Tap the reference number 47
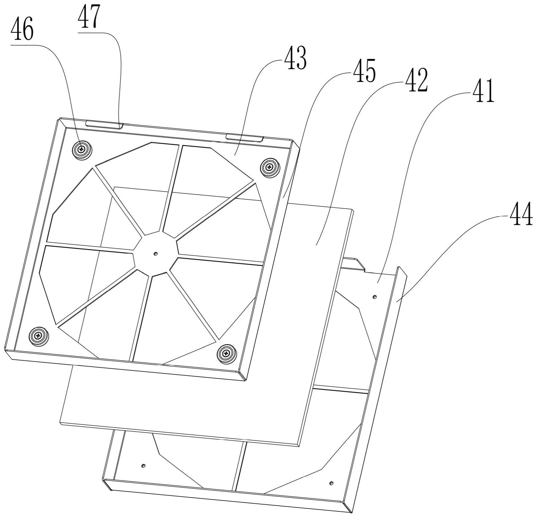(x=89, y=19)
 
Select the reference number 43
(x=294, y=59)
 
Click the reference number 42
(x=415, y=80)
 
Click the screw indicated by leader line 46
(x=81, y=150)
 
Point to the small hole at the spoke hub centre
(x=155, y=254)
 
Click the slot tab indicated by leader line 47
(x=104, y=124)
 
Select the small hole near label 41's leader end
(x=375, y=296)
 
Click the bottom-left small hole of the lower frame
(x=143, y=466)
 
